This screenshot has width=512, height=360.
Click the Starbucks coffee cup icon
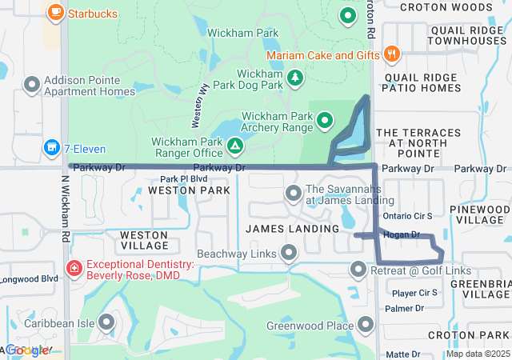(55, 13)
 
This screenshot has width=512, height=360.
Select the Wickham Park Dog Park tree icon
(296, 77)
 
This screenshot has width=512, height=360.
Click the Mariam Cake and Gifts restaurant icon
(391, 54)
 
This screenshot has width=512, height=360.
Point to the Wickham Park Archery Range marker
(325, 121)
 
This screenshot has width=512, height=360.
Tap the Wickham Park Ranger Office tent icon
(234, 146)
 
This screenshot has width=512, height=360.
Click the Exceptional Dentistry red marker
(74, 267)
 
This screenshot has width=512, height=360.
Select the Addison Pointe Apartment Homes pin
(32, 84)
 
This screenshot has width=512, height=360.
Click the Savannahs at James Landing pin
(293, 193)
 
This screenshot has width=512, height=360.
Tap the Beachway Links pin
(289, 254)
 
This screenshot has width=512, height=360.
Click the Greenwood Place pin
(366, 324)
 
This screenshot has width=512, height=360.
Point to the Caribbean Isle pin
(105, 323)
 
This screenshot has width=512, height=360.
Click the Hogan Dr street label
(402, 234)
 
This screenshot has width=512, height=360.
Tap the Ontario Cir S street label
(407, 216)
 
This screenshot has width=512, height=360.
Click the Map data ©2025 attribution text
(477, 354)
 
